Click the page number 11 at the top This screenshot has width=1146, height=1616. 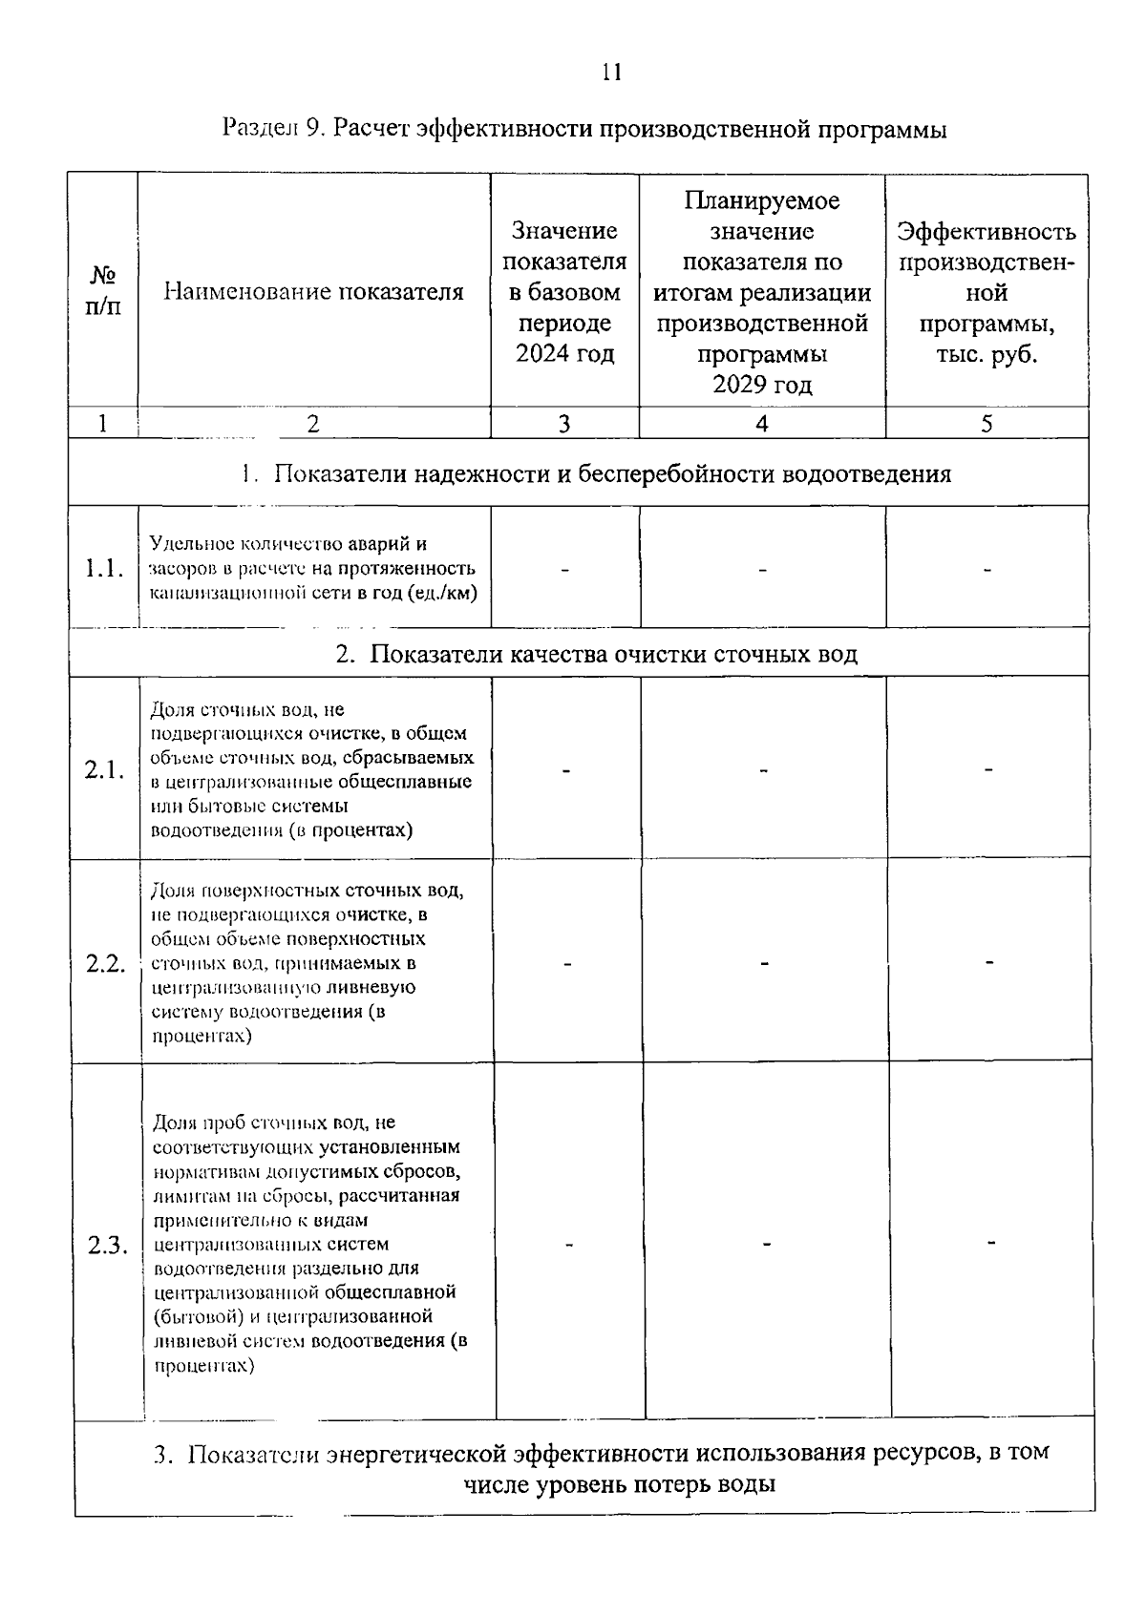coord(612,72)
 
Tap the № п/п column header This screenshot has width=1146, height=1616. coord(102,291)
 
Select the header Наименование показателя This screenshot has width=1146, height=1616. coord(313,291)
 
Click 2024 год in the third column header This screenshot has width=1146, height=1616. coord(564,354)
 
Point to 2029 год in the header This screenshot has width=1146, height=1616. coord(761,385)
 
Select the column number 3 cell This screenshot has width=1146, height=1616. coord(563,424)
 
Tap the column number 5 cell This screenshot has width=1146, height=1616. coord(987,424)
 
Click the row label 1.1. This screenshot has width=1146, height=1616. coord(103,569)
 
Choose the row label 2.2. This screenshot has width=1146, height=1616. coord(105,963)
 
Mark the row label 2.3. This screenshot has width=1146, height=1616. coord(107,1245)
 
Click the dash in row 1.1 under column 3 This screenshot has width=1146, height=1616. coord(564,570)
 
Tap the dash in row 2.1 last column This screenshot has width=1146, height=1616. coord(989,768)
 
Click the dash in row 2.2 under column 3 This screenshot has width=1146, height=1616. coord(567,963)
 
